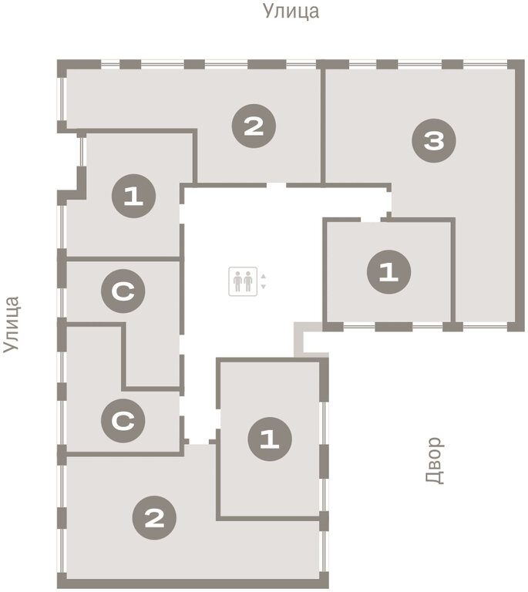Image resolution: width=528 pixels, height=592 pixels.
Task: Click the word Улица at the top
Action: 291,12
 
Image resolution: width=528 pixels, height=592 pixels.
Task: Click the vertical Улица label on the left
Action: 12,325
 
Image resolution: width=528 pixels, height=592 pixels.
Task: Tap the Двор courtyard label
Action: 435,460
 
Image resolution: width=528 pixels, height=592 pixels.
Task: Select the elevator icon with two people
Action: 243,281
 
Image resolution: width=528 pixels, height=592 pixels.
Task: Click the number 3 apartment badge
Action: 434,141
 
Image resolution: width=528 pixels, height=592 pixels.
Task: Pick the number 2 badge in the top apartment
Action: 254,126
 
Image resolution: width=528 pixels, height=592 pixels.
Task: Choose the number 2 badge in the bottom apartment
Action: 154,518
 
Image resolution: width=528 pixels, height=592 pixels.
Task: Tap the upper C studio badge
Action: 123,291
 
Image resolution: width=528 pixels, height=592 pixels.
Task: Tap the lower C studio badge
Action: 123,421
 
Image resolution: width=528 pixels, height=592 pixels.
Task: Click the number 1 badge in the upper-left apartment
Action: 133,196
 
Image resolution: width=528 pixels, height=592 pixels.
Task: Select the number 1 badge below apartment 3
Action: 388,272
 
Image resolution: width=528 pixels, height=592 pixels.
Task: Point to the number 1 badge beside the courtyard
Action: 270,439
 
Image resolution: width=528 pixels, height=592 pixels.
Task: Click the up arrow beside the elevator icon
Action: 264,277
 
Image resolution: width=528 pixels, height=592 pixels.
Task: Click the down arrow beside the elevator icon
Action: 264,287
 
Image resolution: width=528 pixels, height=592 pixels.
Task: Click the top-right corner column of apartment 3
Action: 516,64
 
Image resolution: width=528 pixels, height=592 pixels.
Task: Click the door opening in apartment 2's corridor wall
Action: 277,185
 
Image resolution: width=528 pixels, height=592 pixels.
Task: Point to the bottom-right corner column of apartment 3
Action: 516,327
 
